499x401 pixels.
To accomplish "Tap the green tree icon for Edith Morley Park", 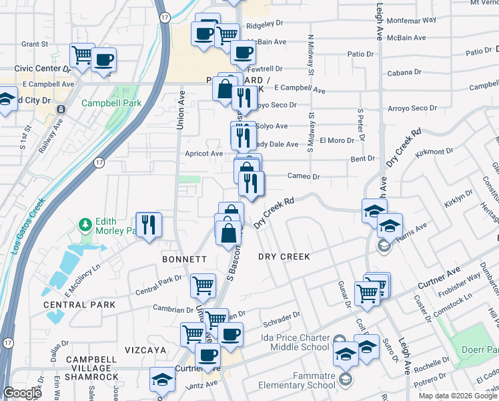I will (x=85, y=223).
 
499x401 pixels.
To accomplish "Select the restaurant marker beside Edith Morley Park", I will (x=148, y=224).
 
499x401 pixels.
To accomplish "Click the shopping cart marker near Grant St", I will (x=82, y=54).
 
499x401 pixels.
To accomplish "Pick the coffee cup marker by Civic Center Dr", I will (x=103, y=60).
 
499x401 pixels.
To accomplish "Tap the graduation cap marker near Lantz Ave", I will (x=161, y=380).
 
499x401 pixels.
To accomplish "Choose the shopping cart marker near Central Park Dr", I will (x=203, y=285).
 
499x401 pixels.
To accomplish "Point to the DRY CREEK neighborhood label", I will (x=284, y=256).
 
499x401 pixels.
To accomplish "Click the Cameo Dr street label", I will (x=304, y=176).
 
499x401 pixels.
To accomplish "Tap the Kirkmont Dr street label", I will (x=434, y=153).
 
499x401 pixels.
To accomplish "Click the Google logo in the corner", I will (x=22, y=394).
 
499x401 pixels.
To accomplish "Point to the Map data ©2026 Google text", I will (x=456, y=396).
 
